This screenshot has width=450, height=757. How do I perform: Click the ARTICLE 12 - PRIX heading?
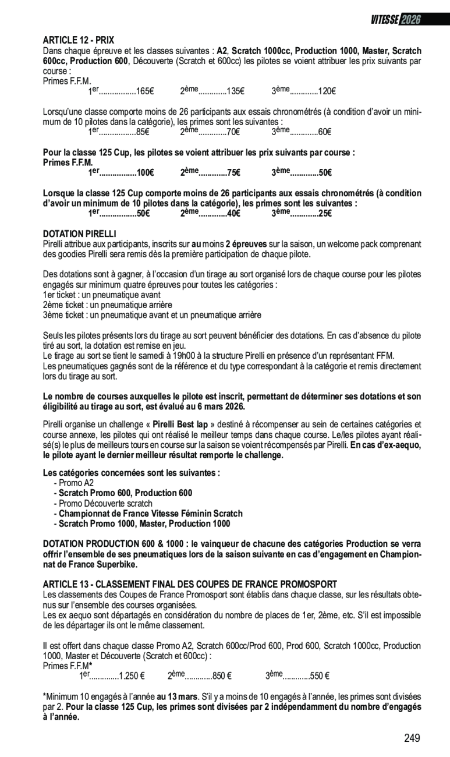tap(79, 40)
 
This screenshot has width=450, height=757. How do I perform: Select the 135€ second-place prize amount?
tap(235, 91)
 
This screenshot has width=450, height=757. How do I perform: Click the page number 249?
tap(412, 738)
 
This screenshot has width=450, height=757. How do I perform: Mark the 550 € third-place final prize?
tap(320, 677)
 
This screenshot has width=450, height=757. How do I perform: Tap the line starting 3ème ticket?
tap(152, 315)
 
